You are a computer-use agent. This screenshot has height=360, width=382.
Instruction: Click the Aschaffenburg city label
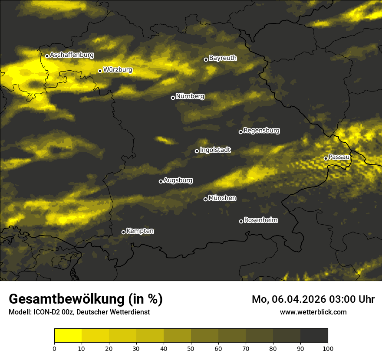pyautogui.click(x=72, y=55)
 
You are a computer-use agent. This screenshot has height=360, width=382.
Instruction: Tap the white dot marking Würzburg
pyautogui.click(x=100, y=71)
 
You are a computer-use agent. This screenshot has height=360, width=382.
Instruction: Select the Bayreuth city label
pyautogui.click(x=223, y=58)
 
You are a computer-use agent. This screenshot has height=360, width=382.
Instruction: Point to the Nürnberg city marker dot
pyautogui.click(x=173, y=98)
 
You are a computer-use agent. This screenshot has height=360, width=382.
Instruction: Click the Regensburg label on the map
pyautogui.click(x=261, y=130)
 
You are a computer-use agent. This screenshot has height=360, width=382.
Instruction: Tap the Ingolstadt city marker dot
pyautogui.click(x=197, y=151)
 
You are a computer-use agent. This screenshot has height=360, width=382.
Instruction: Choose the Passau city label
pyautogui.click(x=339, y=157)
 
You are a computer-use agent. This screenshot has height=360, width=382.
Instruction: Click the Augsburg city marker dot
pyautogui.click(x=161, y=181)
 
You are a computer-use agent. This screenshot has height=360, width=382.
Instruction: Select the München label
pyautogui.click(x=222, y=198)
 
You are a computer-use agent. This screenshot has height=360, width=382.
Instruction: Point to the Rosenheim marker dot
pyautogui.click(x=241, y=222)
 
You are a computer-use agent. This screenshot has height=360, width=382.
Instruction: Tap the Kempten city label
pyautogui.click(x=140, y=231)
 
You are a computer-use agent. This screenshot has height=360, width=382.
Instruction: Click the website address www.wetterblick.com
pyautogui.click(x=313, y=312)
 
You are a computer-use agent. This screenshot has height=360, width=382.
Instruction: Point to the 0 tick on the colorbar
pyautogui.click(x=54, y=348)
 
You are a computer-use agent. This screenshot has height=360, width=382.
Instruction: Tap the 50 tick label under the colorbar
pyautogui.click(x=191, y=348)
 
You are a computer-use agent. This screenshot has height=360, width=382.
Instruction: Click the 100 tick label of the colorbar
pyautogui.click(x=328, y=348)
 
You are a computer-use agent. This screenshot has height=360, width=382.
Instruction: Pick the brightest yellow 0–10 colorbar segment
pyautogui.click(x=68, y=336)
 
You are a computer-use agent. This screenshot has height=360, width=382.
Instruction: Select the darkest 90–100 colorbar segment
pyautogui.click(x=314, y=336)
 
